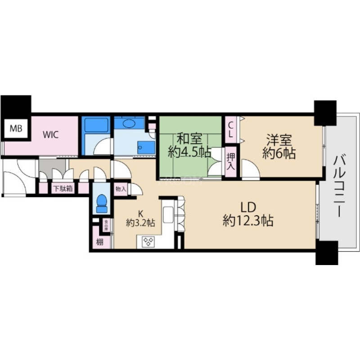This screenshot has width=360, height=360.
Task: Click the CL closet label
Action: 230,129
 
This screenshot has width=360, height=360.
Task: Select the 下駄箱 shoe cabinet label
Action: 63,189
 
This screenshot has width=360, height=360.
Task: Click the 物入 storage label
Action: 120,189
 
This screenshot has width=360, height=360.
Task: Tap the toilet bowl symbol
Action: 102,203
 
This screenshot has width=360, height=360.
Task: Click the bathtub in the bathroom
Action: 96,124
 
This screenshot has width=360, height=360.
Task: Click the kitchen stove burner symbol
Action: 148,242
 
